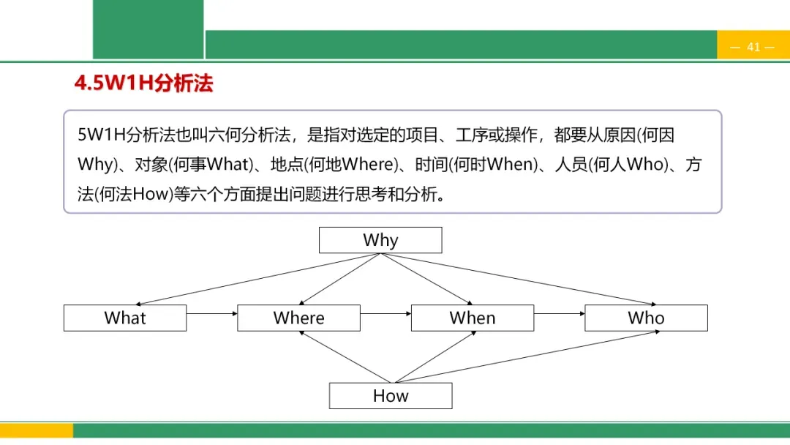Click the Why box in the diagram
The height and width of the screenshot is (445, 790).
click(380, 240)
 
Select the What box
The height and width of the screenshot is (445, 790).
click(125, 318)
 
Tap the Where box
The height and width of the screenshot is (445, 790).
click(298, 318)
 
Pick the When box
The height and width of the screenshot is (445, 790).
click(473, 318)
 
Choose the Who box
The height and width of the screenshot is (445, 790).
click(646, 318)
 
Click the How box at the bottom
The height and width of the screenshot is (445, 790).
click(391, 396)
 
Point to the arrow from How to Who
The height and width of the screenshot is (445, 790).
click(527, 357)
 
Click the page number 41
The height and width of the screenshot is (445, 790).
click(753, 47)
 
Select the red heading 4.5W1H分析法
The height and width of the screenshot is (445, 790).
click(143, 83)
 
